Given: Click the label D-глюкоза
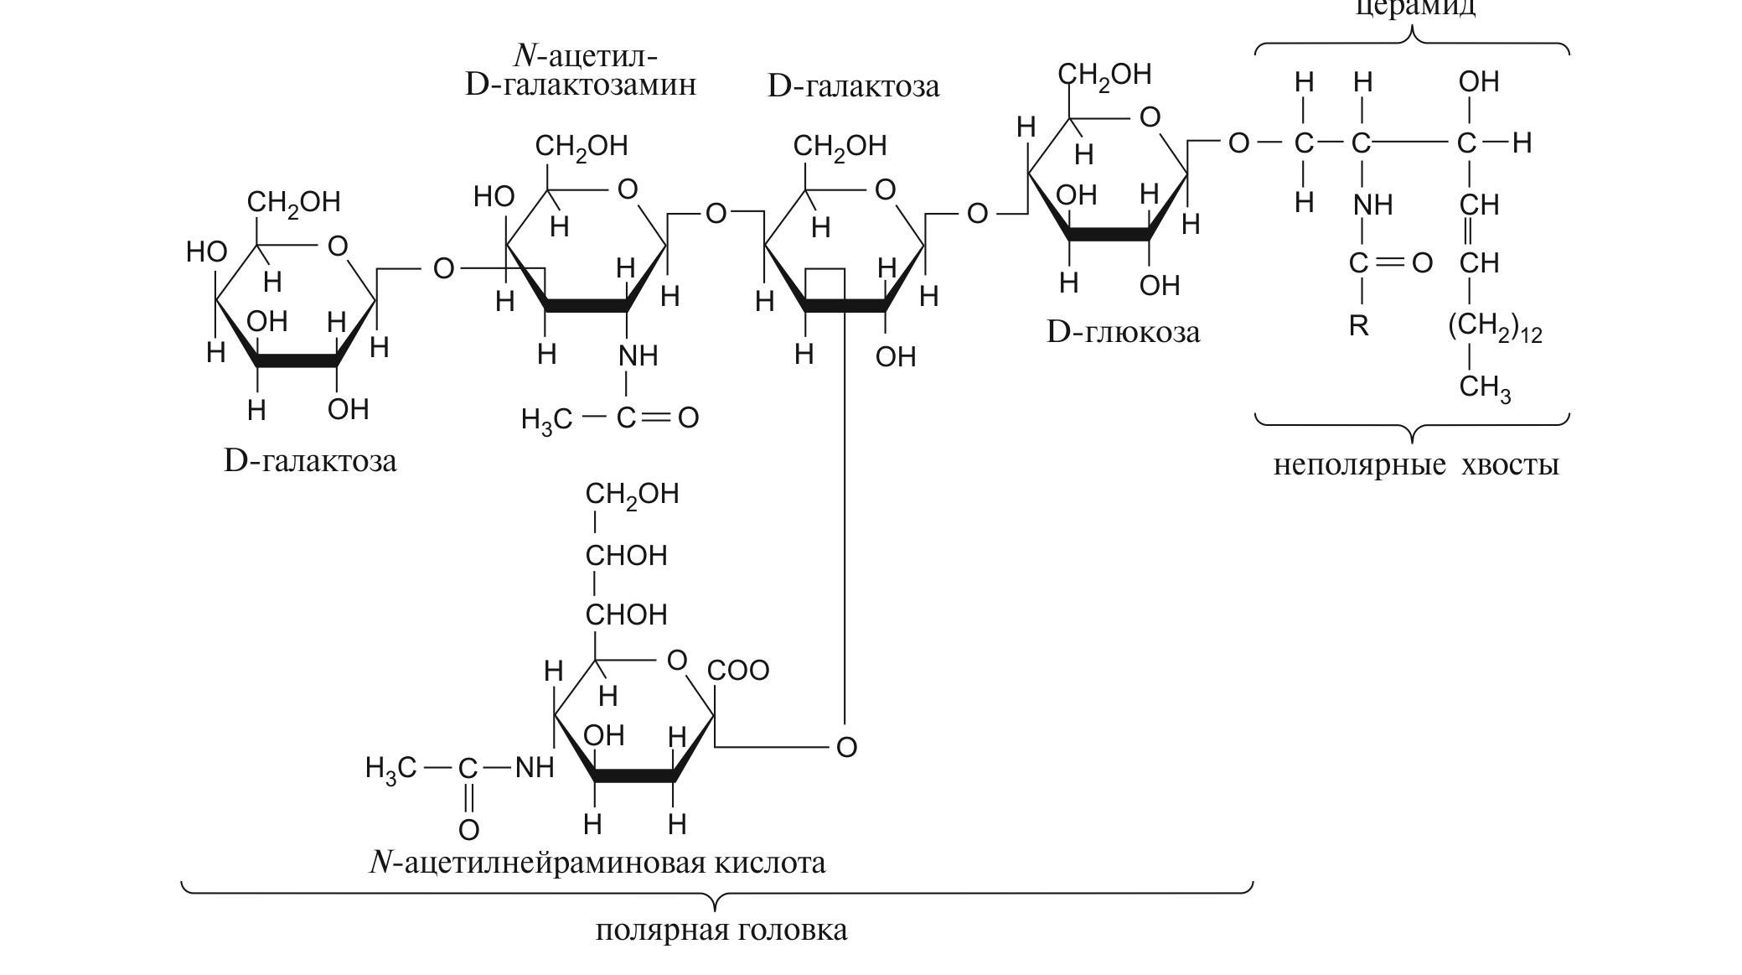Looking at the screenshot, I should (x=1123, y=333).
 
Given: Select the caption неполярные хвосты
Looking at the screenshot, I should (x=1416, y=464).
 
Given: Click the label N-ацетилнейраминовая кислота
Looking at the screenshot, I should (x=597, y=863).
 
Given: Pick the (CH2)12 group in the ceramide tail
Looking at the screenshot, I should (x=1495, y=327).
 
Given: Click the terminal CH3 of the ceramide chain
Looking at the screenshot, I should (x=1485, y=388).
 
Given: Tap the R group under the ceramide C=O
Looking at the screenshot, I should (x=1358, y=326).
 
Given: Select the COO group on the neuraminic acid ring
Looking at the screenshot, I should (x=737, y=671).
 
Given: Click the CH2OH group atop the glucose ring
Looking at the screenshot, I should (x=1104, y=75).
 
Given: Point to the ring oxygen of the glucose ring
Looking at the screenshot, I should (x=1150, y=117).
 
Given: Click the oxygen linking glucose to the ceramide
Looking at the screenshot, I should (x=1238, y=143).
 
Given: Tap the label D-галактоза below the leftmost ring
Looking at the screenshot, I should (x=310, y=461).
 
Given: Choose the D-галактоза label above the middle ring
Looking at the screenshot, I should (x=853, y=86).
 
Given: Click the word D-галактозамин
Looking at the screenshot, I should (x=580, y=86).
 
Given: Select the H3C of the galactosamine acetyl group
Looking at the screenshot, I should (x=546, y=418).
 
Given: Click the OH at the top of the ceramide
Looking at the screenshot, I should (x=1479, y=82).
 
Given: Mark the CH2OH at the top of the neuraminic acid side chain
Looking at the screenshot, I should (x=632, y=494).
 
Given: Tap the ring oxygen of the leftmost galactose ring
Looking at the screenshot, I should (x=337, y=246).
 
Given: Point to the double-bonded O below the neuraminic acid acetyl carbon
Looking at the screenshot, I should (x=468, y=830).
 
